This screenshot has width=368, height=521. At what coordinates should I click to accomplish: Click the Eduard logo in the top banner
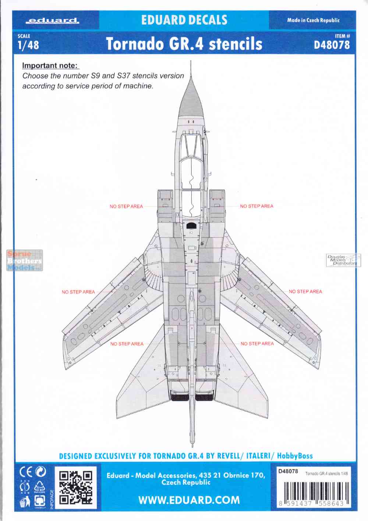(x=53, y=21)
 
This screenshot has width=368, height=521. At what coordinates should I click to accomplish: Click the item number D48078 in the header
(x=332, y=45)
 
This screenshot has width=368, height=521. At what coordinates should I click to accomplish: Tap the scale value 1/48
(x=28, y=45)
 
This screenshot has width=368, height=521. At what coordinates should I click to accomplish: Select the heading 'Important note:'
(x=50, y=65)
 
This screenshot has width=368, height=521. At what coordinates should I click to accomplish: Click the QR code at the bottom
(x=75, y=487)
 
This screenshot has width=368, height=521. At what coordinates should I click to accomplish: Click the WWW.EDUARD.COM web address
(x=189, y=500)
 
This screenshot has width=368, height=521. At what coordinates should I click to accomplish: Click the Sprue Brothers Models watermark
(x=25, y=260)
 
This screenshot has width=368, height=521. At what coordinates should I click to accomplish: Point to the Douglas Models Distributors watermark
(x=343, y=260)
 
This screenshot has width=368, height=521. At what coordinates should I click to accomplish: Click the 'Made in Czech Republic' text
(x=313, y=20)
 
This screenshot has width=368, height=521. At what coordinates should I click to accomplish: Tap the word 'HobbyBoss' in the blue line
(x=295, y=456)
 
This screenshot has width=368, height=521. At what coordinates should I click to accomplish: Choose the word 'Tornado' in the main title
(x=135, y=44)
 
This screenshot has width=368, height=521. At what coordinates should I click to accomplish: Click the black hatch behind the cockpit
(x=192, y=226)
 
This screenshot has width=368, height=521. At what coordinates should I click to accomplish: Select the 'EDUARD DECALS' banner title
(x=184, y=20)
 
